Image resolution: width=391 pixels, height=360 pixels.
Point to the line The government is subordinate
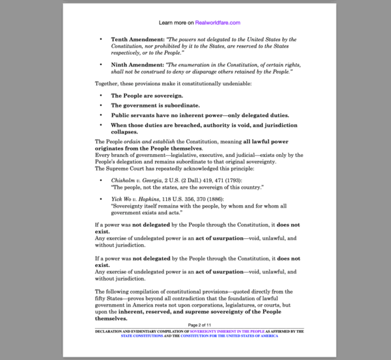146,105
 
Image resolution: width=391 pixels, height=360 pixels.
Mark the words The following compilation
129,291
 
